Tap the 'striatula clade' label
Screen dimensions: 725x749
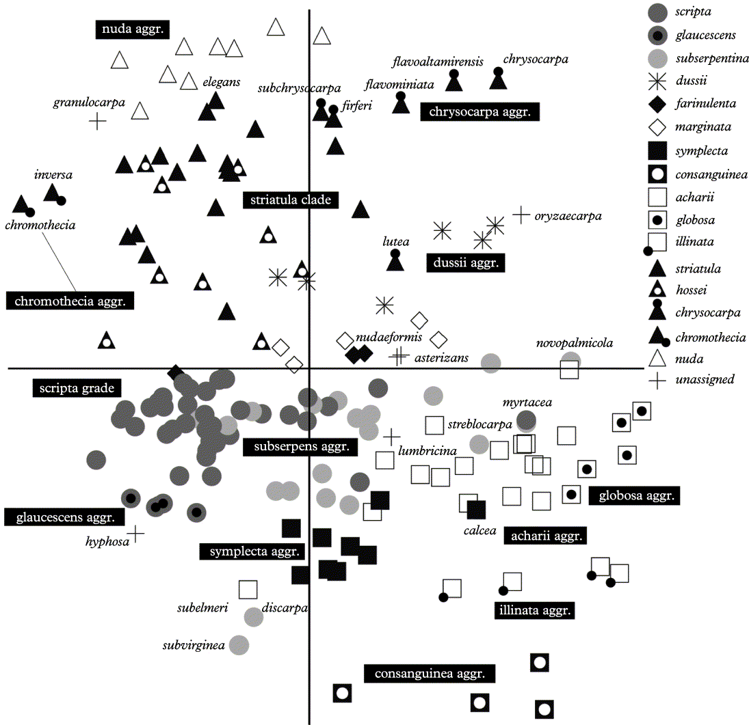pos(290,200)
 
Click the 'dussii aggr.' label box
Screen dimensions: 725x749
pos(465,263)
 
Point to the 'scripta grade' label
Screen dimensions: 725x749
pos(76,388)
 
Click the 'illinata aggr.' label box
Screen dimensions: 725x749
pos(534,610)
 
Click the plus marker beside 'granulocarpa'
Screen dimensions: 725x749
pos(98,122)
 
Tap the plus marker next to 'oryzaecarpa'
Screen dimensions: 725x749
pos(521,215)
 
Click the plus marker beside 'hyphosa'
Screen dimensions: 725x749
pos(137,534)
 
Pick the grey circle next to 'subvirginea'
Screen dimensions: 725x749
pos(239,644)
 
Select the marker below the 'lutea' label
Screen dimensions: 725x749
pos(395,260)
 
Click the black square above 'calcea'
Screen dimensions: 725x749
pos(476,509)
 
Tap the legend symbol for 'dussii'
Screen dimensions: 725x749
pos(657,81)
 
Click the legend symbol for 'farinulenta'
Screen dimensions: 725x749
pos(657,105)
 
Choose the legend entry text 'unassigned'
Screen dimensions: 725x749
pos(704,379)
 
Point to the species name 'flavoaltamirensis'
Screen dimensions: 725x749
pos(438,62)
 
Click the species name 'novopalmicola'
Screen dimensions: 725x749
pos(575,343)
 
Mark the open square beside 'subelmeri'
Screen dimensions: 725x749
pos(248,589)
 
